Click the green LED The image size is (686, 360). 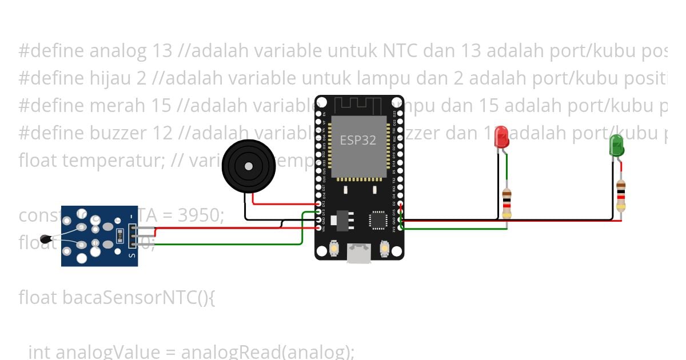(617, 146)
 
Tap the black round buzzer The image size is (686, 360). (248, 166)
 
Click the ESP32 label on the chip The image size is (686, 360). (358, 139)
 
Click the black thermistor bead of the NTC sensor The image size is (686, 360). (46, 238)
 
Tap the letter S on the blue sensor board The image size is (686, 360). (132, 255)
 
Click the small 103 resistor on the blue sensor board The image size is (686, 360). (119, 234)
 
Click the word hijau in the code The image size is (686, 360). (111, 78)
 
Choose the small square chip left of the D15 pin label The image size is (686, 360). (378, 219)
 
